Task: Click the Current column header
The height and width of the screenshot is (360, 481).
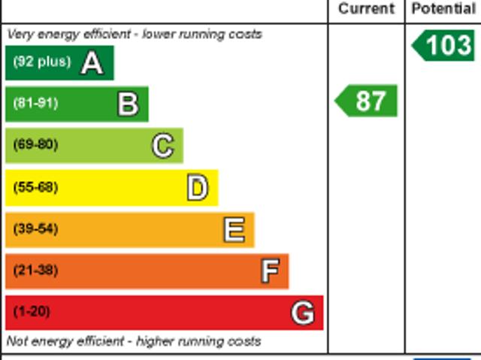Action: [x=366, y=8]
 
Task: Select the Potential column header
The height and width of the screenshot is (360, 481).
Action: [x=444, y=8]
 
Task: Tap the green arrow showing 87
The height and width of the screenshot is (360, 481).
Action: [x=366, y=101]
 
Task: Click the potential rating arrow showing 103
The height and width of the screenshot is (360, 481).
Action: [x=443, y=45]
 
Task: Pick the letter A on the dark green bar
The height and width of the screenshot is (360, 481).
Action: [x=92, y=63]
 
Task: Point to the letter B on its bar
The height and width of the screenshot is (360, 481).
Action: [x=129, y=104]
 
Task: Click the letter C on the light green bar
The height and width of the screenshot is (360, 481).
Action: [x=163, y=146]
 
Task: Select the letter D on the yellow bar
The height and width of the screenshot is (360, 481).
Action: [x=198, y=188]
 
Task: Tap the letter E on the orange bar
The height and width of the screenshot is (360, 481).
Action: [x=234, y=230]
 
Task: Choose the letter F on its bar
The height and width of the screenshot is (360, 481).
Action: [x=271, y=271]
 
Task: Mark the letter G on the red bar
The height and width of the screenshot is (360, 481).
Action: [x=303, y=313]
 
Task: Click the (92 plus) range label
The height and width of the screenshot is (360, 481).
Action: [x=42, y=62]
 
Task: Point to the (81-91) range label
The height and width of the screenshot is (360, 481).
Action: [x=35, y=103]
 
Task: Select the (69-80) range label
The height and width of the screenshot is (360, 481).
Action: [x=35, y=144]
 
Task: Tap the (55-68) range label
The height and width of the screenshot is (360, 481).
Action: [x=35, y=186]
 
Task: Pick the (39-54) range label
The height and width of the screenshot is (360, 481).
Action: [x=35, y=228]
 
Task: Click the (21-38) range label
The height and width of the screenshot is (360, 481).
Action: [x=35, y=270]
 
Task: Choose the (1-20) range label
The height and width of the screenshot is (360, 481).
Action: [x=32, y=312]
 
